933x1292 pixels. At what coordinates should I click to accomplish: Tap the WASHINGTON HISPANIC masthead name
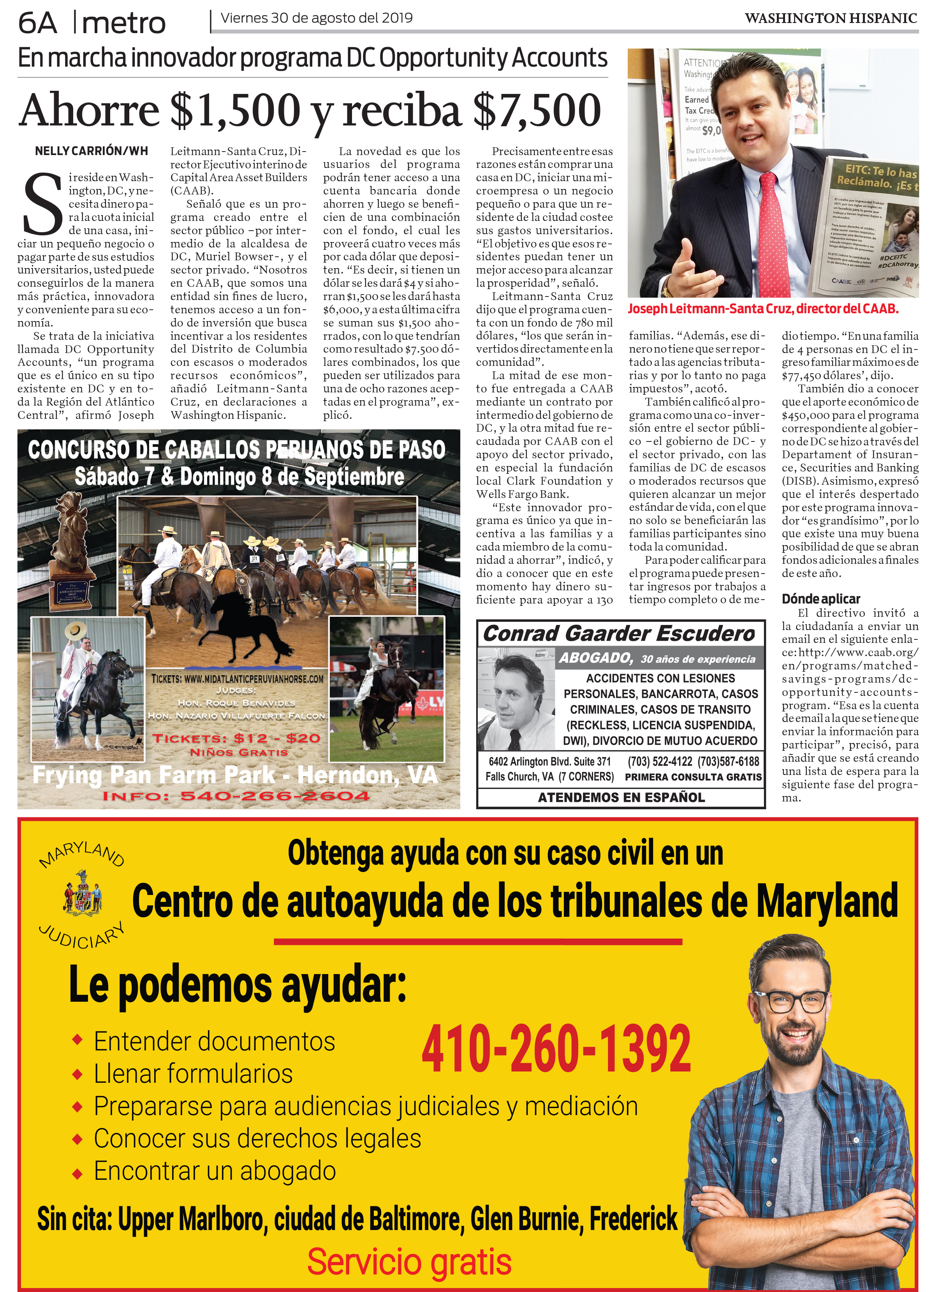point(831,19)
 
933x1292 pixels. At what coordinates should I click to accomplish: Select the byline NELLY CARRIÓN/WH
point(91,151)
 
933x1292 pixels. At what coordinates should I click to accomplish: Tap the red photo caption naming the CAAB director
point(763,309)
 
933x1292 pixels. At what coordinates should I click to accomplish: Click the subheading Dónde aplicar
point(820,599)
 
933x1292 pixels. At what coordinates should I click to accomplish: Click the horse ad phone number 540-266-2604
point(275,796)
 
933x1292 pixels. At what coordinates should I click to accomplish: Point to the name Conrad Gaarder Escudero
point(619,634)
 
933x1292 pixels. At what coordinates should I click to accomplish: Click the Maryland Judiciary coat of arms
point(83,893)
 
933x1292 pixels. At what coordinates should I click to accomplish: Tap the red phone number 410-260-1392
point(556,1049)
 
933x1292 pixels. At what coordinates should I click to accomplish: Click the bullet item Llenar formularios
point(193,1074)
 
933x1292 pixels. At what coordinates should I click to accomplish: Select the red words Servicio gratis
point(409,1262)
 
